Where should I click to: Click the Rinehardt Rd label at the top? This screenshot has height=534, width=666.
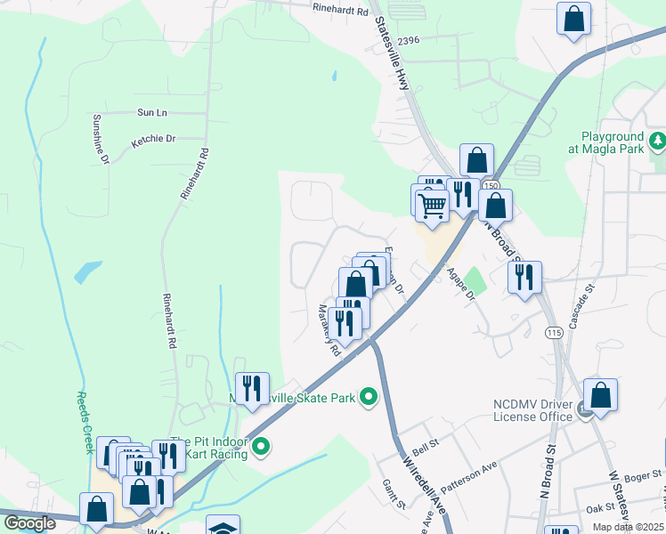(340, 10)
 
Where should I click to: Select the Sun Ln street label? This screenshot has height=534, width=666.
(152, 113)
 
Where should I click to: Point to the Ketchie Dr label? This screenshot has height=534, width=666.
(153, 140)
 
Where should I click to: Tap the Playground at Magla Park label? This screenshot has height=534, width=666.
(613, 142)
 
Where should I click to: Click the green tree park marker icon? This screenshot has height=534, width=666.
(657, 141)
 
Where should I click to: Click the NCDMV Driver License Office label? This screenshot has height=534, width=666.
(532, 410)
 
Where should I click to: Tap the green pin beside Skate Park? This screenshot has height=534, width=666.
(368, 397)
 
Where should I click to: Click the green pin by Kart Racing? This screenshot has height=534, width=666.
(261, 447)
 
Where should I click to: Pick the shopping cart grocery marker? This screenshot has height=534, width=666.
(432, 206)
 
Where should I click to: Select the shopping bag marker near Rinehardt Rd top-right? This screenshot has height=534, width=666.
(574, 19)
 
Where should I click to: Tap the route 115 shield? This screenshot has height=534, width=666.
(554, 332)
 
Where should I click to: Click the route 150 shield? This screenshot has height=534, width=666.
(491, 184)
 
